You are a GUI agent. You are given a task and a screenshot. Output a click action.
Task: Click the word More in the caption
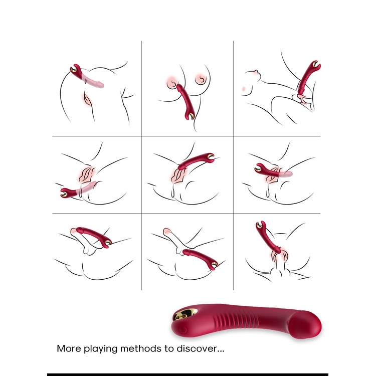pos(69,348)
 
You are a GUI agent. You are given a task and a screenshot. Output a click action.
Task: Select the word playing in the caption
pos(100,349)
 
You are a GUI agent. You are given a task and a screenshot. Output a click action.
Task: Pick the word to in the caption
pos(169,348)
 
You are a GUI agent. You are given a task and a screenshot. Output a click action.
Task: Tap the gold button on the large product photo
pos(185,315)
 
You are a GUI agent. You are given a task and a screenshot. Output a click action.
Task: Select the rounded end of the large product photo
pos(305,324)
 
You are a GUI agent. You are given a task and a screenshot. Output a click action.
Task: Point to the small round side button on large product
pos(183,330)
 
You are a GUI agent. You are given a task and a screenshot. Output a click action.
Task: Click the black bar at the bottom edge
pos(187,374)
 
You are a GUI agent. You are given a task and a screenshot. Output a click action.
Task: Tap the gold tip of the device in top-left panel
pos(73,69)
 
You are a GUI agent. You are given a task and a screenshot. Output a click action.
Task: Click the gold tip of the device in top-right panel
pos(316,64)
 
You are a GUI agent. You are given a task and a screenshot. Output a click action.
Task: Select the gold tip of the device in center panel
pos(211,156)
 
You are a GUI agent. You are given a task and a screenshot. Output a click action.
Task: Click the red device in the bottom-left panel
pos(94,237)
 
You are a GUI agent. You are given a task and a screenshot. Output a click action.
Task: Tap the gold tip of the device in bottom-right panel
pos(259,225)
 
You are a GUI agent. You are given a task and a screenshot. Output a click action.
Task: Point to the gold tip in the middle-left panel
pos(64,194)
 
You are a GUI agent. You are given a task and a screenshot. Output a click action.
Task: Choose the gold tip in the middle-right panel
pos(258,169)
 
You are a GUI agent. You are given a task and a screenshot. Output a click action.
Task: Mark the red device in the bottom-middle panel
pos(201,259)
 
